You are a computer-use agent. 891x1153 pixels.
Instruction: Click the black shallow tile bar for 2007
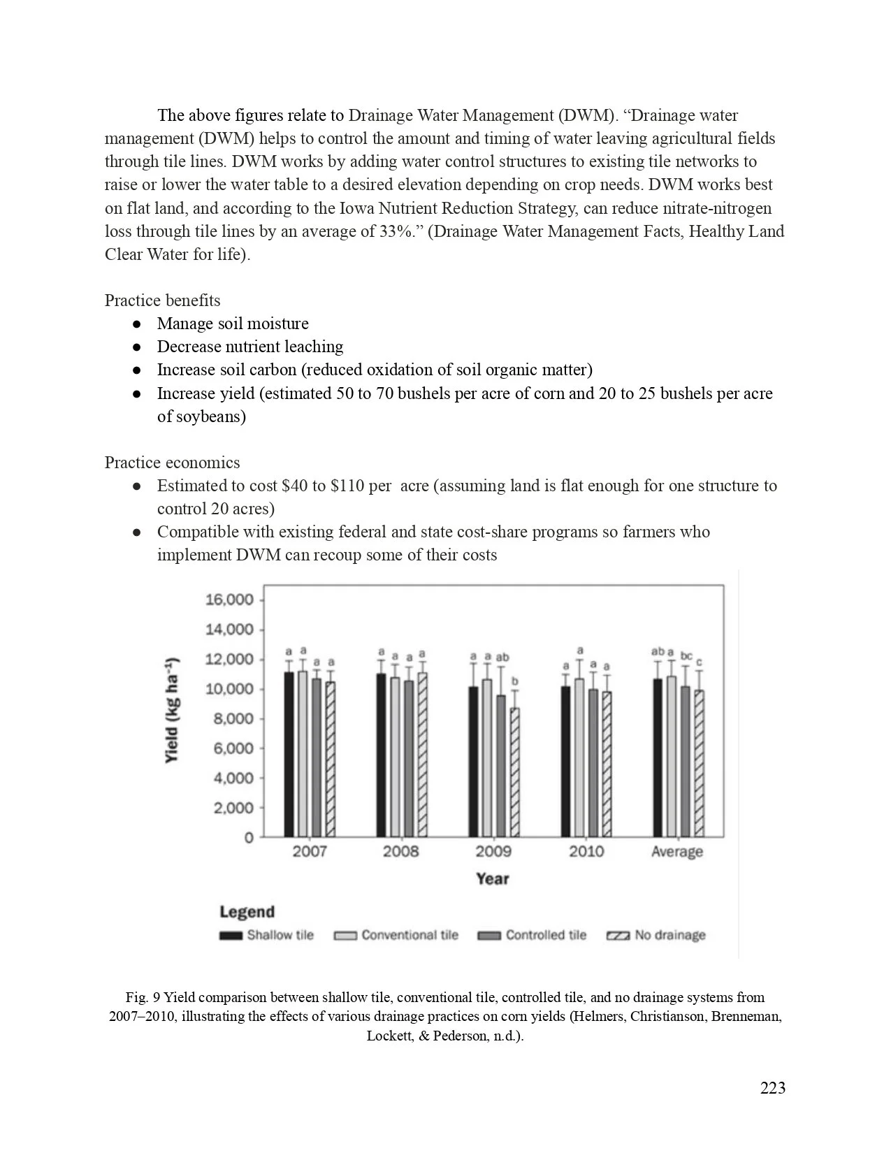click(289, 755)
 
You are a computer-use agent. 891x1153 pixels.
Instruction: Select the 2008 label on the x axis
click(400, 851)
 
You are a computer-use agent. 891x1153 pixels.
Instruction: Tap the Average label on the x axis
click(676, 851)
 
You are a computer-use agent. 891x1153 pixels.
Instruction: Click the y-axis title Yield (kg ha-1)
click(173, 710)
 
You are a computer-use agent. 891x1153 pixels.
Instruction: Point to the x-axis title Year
click(493, 878)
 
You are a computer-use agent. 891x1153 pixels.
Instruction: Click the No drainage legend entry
click(656, 935)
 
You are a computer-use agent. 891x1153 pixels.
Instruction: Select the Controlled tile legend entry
click(533, 935)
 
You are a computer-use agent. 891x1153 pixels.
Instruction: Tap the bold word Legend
click(247, 911)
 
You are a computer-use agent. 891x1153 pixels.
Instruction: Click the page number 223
click(772, 1088)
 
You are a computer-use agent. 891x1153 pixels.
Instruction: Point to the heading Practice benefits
click(162, 300)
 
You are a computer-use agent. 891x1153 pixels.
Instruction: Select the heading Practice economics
click(172, 463)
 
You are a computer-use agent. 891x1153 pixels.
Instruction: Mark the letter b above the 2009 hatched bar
click(515, 681)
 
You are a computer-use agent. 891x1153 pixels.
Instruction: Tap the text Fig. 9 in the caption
click(142, 997)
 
